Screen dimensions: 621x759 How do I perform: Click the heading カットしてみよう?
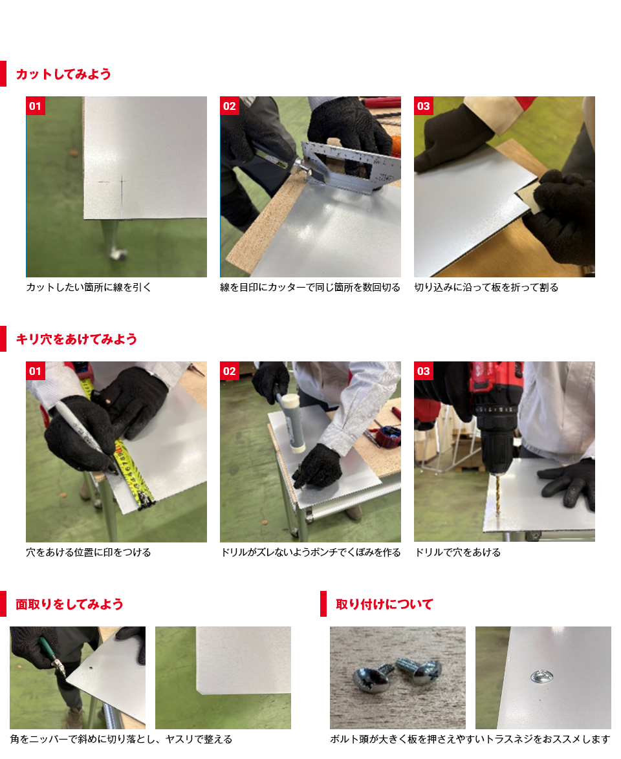point(63,74)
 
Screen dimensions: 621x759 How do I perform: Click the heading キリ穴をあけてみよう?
point(76,339)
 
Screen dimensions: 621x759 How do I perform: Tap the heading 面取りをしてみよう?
point(69,604)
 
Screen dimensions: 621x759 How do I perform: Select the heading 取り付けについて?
point(384,604)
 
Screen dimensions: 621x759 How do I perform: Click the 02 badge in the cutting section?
point(230,106)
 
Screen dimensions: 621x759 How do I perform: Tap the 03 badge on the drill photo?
point(423,371)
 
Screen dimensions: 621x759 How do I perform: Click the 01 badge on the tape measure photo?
point(36,371)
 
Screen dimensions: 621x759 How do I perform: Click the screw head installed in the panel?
point(542,675)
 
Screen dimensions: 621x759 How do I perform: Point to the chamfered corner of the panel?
point(199,689)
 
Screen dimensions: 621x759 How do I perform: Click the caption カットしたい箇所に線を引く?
point(89,287)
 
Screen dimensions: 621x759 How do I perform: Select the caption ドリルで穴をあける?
point(458,552)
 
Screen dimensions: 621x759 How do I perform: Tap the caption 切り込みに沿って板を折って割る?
point(486,287)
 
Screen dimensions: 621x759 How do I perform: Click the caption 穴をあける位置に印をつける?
point(89,552)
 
